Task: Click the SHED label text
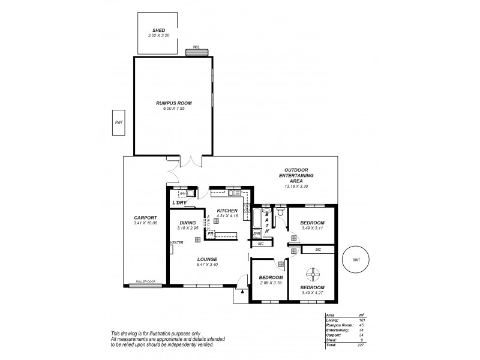tap(158, 30)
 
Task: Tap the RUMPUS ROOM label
tap(173, 103)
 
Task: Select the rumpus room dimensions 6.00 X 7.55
tap(173, 108)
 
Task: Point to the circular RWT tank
tap(356, 260)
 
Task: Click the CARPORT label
tap(146, 218)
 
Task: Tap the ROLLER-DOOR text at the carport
tap(145, 281)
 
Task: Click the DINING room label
tap(187, 223)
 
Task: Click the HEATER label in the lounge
tap(176, 243)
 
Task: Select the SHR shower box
tap(256, 233)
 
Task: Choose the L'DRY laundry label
tap(179, 203)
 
